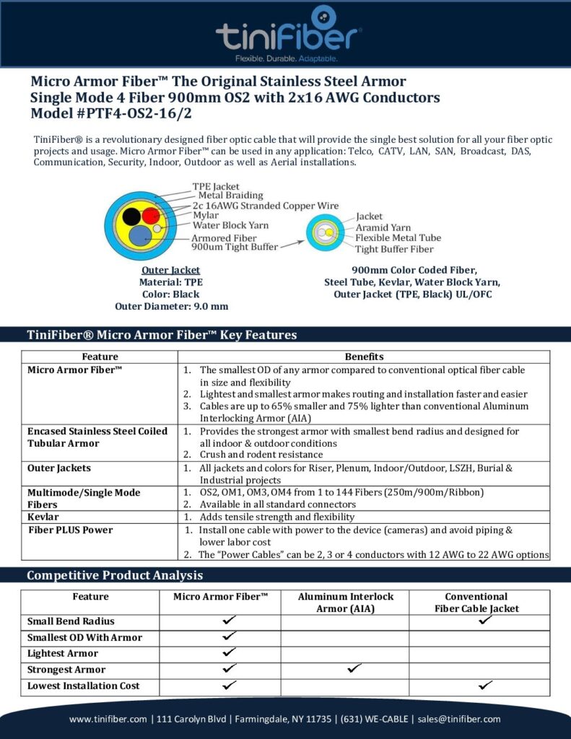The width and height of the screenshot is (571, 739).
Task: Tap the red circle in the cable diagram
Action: [150, 215]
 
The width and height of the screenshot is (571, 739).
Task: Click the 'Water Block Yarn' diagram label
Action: [230, 225]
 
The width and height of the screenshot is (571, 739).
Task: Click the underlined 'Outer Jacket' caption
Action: [171, 271]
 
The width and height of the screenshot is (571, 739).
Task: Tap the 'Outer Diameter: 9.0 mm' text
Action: [171, 306]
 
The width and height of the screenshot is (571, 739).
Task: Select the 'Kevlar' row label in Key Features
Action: [44, 517]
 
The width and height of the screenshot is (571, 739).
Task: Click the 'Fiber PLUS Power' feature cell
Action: [70, 530]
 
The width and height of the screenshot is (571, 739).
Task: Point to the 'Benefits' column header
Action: [364, 357]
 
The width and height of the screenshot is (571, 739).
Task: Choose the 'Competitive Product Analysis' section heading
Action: [115, 575]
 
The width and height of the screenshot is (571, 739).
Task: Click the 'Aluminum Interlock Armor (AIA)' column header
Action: [345, 603]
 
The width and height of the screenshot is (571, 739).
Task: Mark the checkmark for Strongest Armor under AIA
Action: [354, 669]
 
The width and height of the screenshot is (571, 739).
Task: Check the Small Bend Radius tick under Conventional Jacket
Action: [486, 621]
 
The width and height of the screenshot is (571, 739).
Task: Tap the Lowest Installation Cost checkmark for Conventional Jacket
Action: [486, 686]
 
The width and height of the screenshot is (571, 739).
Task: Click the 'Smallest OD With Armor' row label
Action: [84, 637]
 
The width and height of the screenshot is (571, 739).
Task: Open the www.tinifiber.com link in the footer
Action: [108, 719]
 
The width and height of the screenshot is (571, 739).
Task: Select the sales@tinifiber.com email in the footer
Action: [460, 719]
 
